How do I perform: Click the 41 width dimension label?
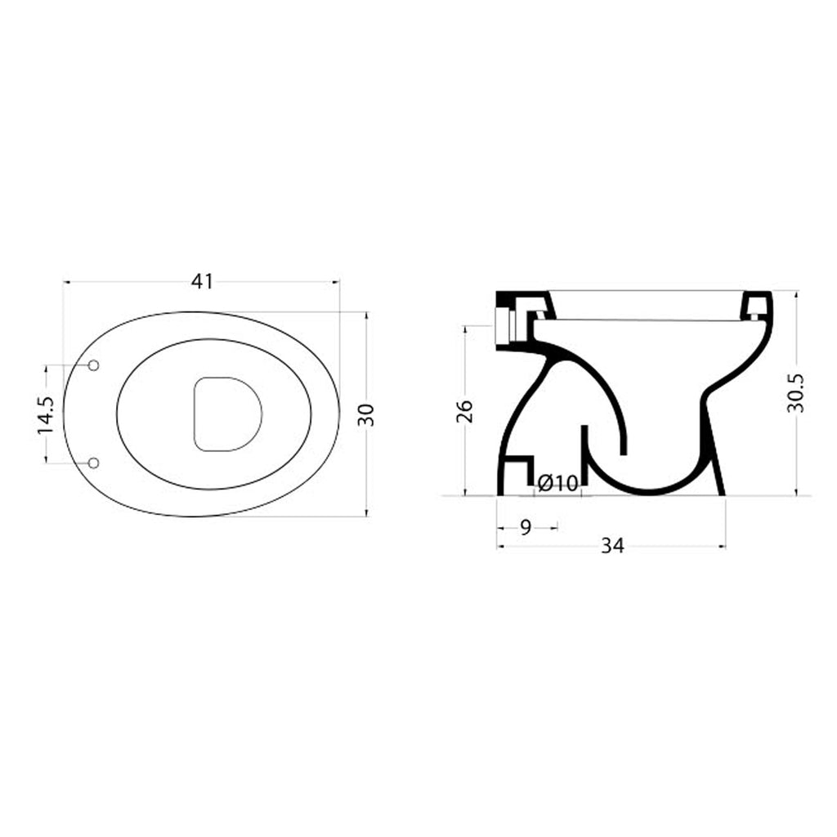[202, 281]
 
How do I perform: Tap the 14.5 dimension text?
[46, 414]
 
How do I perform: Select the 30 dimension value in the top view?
[367, 414]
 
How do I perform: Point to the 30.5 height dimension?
[795, 393]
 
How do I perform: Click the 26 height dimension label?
[463, 411]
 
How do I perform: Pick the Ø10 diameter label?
[557, 484]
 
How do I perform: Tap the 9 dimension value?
[526, 527]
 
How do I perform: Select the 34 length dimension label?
[611, 546]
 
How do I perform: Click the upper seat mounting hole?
[93, 365]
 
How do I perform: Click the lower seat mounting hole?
[93, 463]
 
